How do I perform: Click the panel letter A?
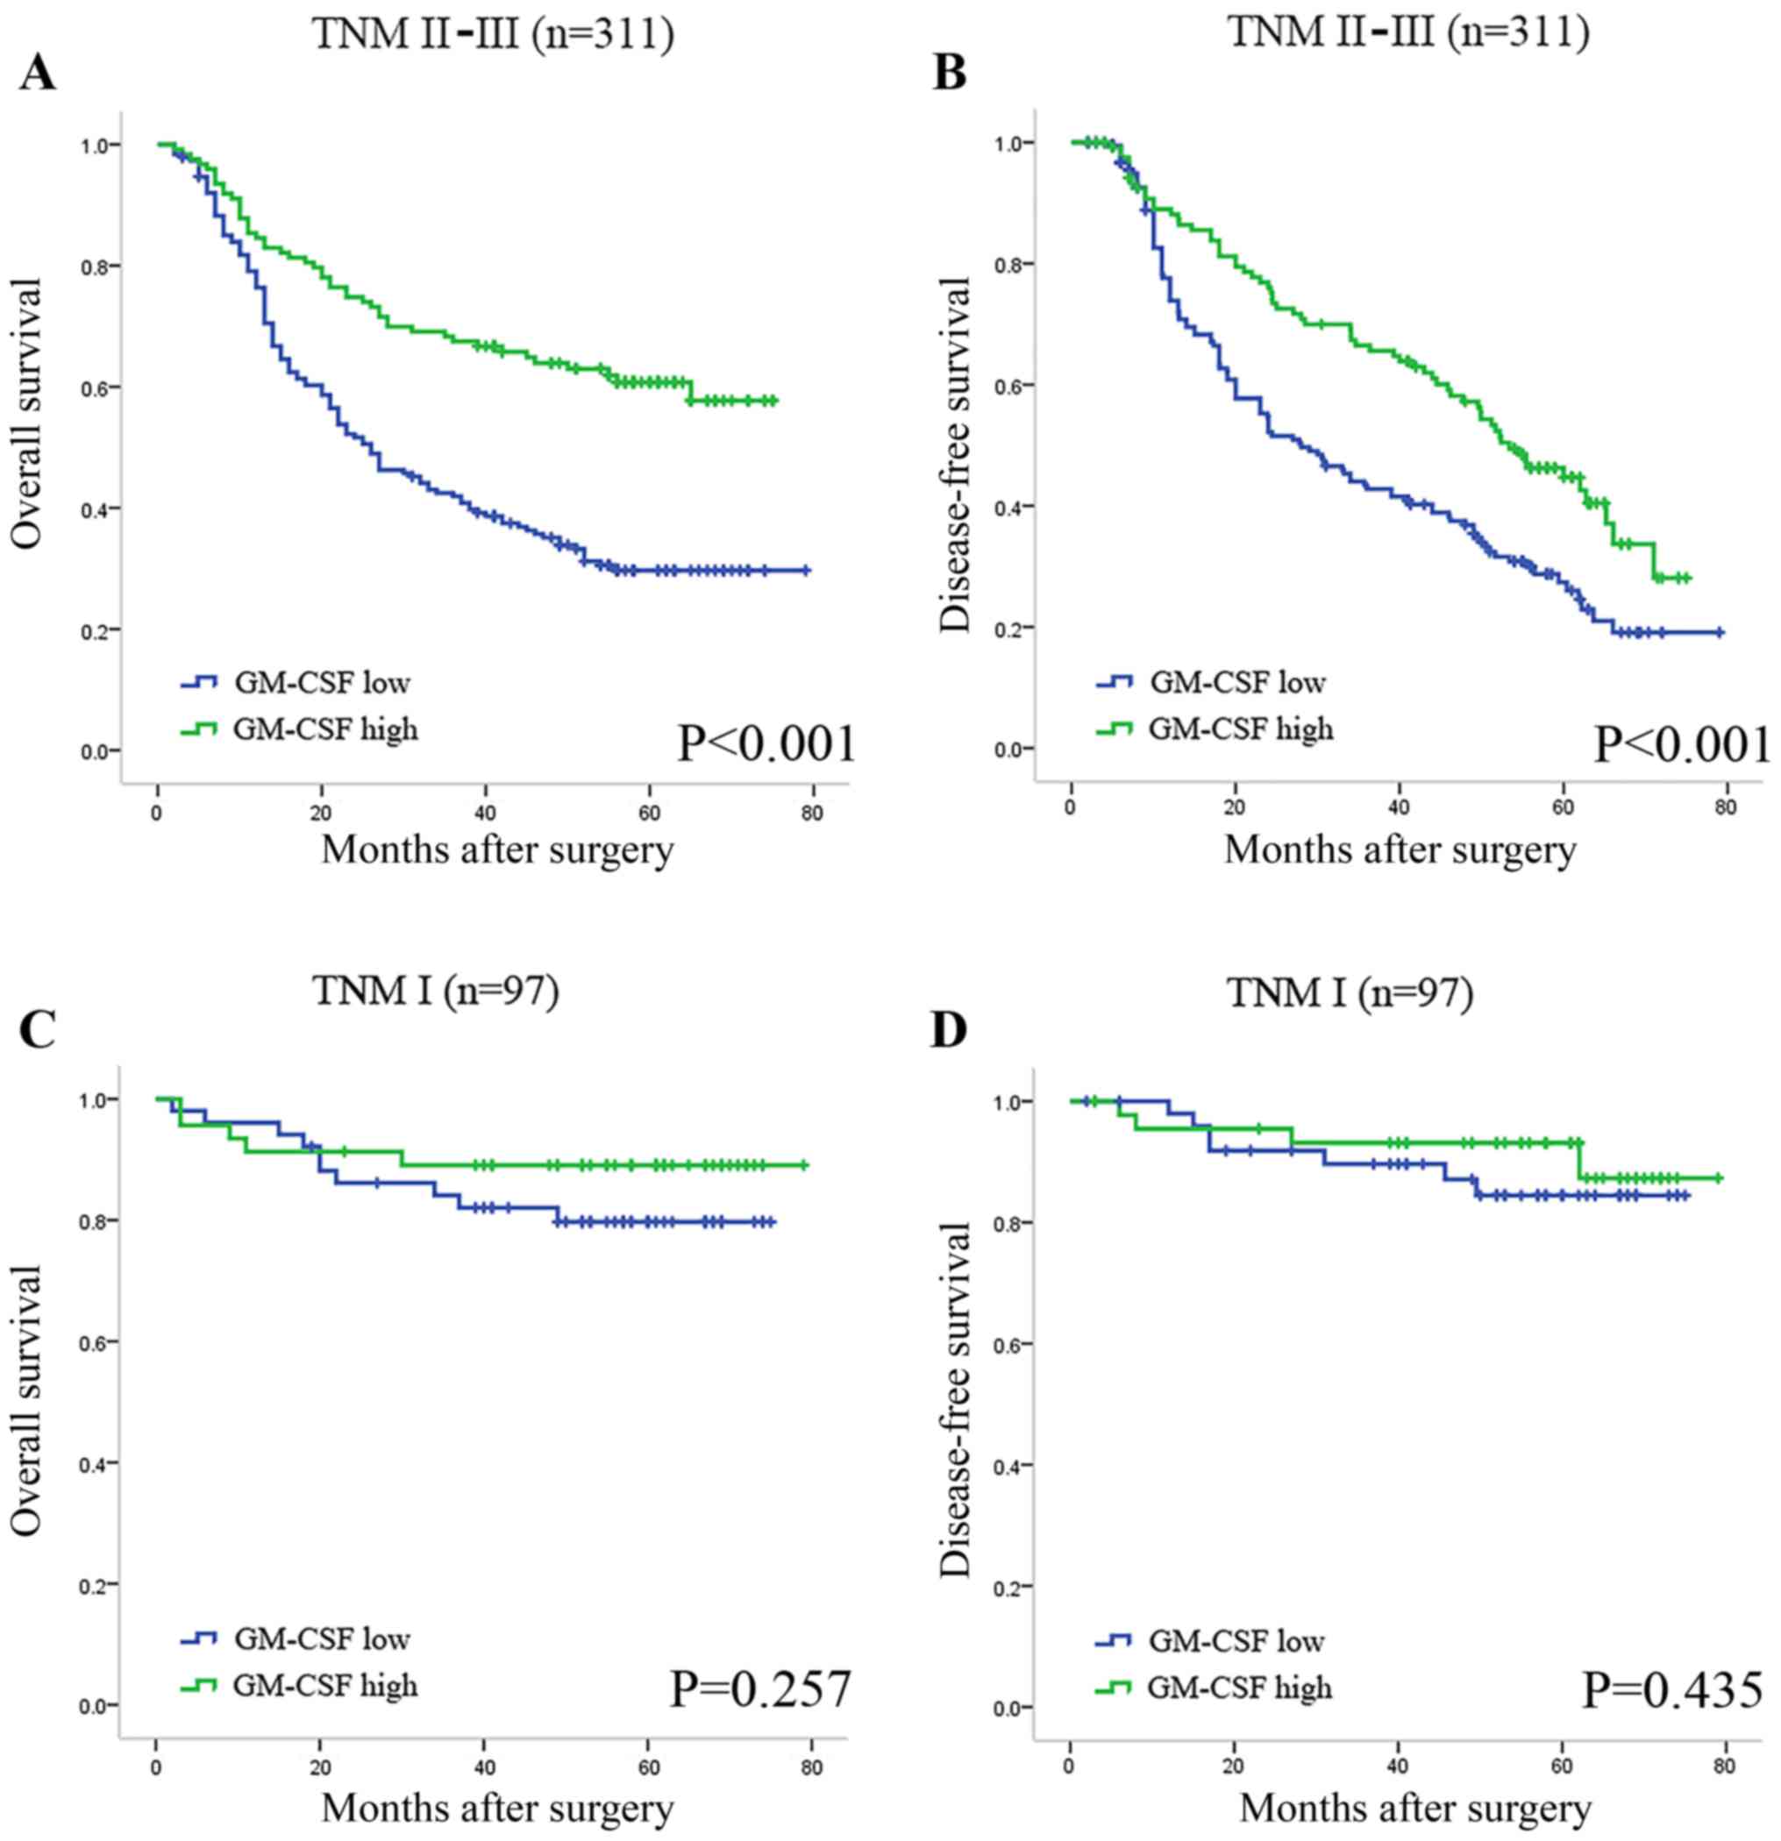click(x=37, y=71)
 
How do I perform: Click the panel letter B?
click(x=950, y=71)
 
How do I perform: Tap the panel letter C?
click(x=39, y=1029)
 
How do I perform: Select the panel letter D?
click(x=949, y=1029)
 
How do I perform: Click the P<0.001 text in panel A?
click(x=766, y=744)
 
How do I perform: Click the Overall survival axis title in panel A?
click(x=27, y=413)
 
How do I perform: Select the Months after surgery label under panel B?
click(x=1400, y=850)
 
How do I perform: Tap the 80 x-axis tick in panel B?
click(x=1726, y=807)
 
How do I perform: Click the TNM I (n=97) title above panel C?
click(x=435, y=991)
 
